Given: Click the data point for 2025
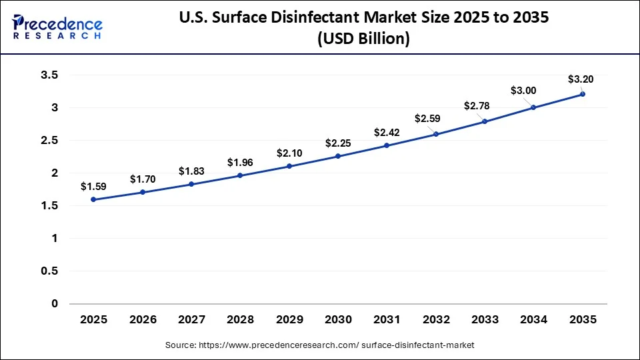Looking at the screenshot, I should pyautogui.click(x=93, y=199).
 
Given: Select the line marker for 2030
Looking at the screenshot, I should pyautogui.click(x=338, y=156).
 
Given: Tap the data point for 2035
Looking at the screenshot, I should pyautogui.click(x=583, y=94).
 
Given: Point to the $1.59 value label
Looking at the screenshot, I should pyautogui.click(x=93, y=186).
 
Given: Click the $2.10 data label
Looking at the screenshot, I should pyautogui.click(x=289, y=153).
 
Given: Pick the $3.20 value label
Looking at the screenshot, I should pyautogui.click(x=580, y=79).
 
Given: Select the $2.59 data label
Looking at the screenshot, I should pyautogui.click(x=427, y=118).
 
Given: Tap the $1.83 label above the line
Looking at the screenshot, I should pyautogui.click(x=191, y=171).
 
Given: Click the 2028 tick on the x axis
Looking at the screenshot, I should pyautogui.click(x=240, y=319).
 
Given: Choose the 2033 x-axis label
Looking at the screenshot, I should pyautogui.click(x=485, y=319).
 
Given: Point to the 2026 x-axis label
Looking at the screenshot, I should pyautogui.click(x=142, y=319).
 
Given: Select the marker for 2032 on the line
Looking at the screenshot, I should pyautogui.click(x=436, y=134).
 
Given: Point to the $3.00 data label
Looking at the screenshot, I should pyautogui.click(x=523, y=90).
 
